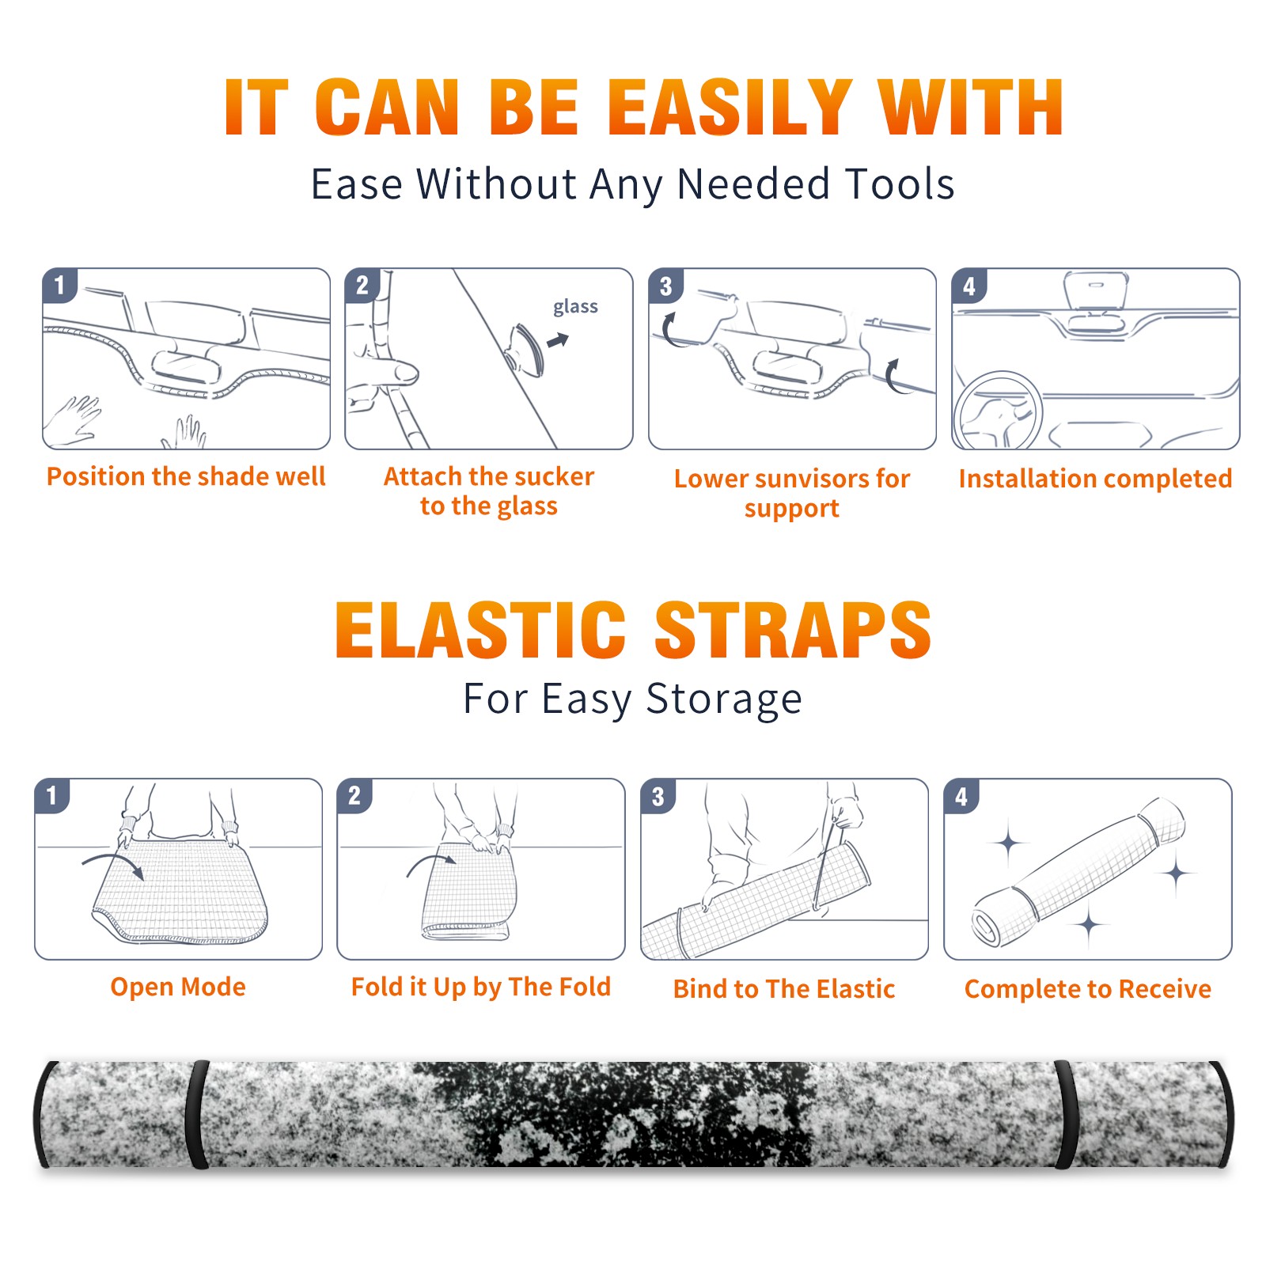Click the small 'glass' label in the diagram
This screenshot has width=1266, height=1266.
575,307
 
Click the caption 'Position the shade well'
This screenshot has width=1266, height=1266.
186,476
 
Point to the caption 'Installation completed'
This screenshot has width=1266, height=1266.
1095,478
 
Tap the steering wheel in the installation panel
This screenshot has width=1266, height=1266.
999,411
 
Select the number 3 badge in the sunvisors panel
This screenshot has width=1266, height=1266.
665,286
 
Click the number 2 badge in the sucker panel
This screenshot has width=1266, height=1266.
362,285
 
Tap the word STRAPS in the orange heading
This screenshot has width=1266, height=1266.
793,630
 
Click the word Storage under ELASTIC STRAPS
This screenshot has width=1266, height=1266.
724,699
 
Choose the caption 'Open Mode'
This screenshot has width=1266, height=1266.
178,987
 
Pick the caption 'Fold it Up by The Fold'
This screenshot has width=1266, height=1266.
481,987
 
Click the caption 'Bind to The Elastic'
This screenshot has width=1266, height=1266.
784,989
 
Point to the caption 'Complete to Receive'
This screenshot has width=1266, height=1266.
1088,989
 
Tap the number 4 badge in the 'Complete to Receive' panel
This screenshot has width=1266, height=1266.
961,796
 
